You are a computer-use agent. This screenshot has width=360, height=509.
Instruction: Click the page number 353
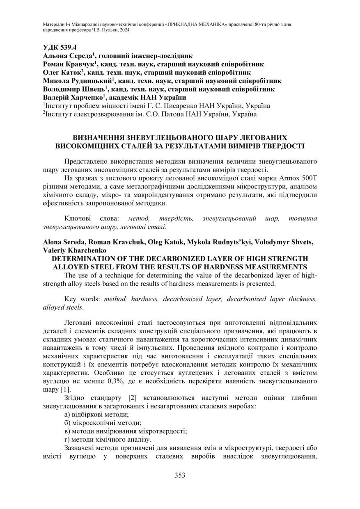(180, 475)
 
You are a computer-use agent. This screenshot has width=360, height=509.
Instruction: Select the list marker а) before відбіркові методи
(68, 415)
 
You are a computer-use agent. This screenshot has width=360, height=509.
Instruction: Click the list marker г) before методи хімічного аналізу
(67, 439)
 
